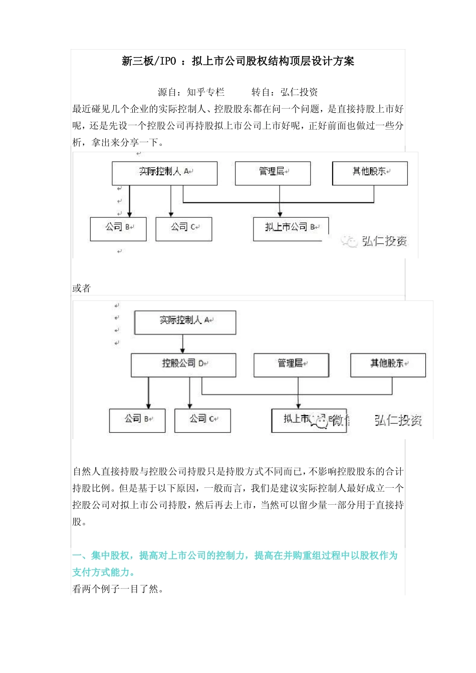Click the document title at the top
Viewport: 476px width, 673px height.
(x=238, y=61)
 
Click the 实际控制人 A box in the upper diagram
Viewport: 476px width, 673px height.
(x=164, y=173)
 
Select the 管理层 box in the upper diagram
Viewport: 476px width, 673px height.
(x=273, y=173)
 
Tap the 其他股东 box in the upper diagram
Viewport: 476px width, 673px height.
(x=370, y=173)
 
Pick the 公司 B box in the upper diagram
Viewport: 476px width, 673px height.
(x=118, y=228)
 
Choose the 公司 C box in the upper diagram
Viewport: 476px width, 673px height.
(x=184, y=228)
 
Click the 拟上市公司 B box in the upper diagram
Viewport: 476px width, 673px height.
(x=290, y=228)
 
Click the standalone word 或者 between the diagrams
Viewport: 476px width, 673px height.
(x=81, y=288)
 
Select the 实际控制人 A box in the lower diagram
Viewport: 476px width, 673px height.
(x=185, y=322)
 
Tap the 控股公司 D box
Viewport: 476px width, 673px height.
(x=183, y=365)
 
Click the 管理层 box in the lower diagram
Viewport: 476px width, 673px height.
(x=291, y=365)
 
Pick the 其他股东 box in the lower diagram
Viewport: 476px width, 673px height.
(x=388, y=365)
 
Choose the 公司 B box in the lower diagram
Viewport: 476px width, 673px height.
(x=137, y=420)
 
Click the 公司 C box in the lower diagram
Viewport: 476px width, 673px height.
(x=202, y=420)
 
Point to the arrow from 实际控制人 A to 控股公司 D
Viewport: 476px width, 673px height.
(x=182, y=344)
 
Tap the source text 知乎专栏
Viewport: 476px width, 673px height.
(x=206, y=92)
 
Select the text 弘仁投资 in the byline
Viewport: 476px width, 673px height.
(x=299, y=92)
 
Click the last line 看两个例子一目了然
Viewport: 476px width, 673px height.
(x=118, y=589)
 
